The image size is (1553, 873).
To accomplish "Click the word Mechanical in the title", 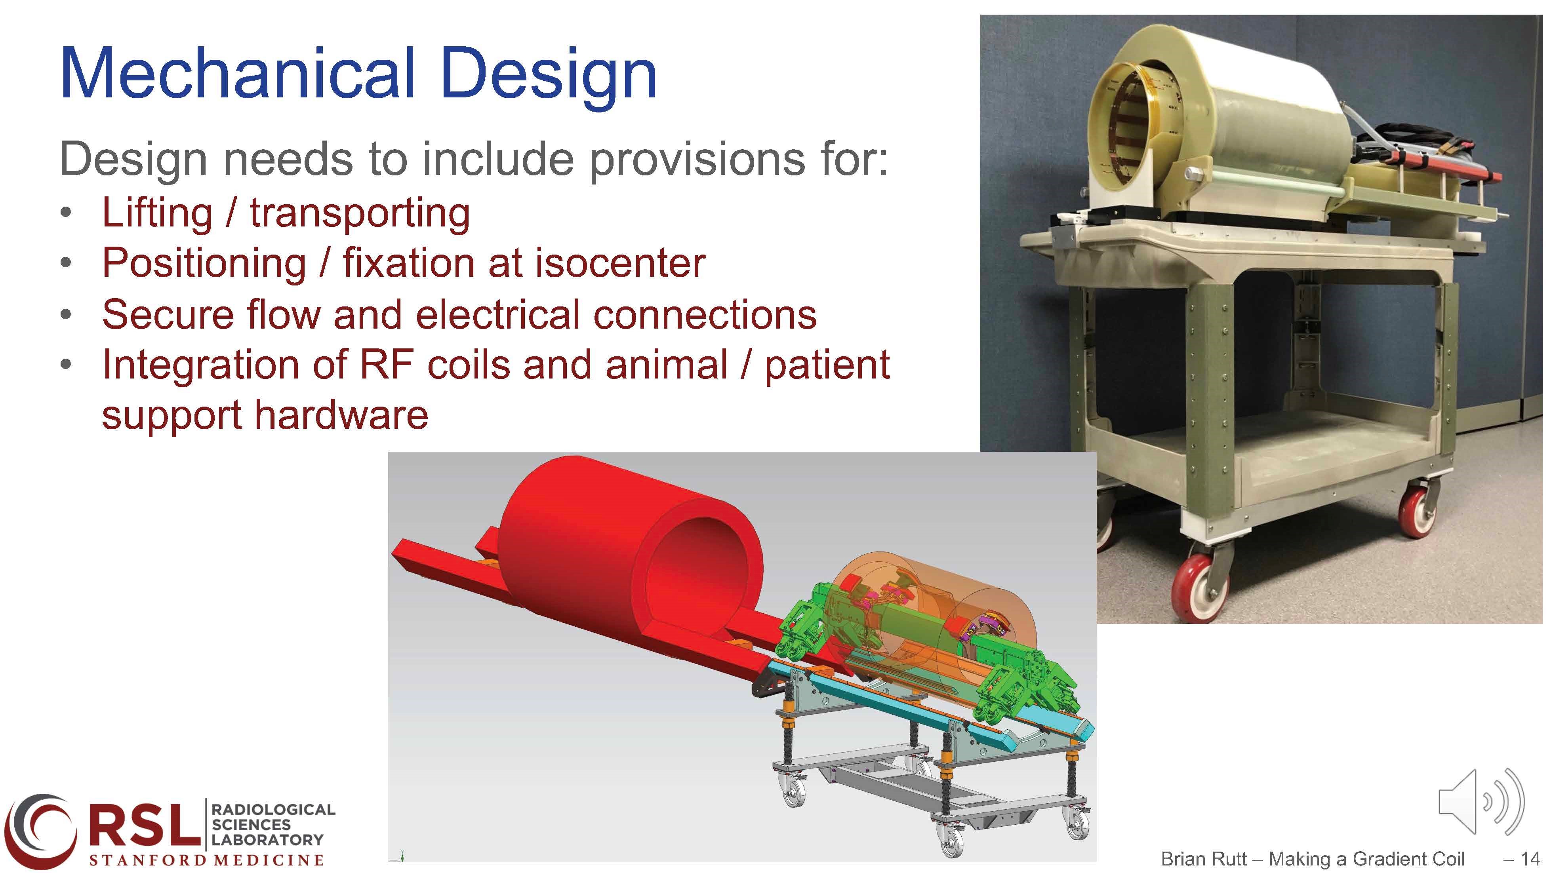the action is pyautogui.click(x=238, y=75).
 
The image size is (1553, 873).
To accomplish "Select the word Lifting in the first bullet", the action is pyautogui.click(x=157, y=214).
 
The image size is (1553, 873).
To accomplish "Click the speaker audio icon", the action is pyautogui.click(x=1481, y=802).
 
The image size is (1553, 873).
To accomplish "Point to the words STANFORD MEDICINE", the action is pyautogui.click(x=207, y=860).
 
